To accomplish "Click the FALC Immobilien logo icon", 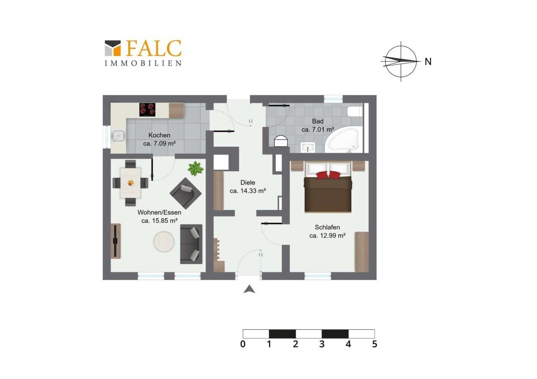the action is point(113,48).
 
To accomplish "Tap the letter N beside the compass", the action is point(428,62).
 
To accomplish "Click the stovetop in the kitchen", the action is point(147,109).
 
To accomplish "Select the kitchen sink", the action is point(119,136).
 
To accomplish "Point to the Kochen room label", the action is point(159,135).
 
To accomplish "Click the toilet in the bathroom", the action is point(355,111).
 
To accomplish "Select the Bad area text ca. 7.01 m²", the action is point(318,130).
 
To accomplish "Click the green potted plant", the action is point(196,168).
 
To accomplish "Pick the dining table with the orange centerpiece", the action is point(130,183).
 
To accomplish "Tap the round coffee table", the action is point(164,242).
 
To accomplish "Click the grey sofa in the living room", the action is point(191,244).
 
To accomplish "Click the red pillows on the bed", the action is point(328,175).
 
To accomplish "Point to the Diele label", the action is point(247,182).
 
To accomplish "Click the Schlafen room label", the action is point(327,227).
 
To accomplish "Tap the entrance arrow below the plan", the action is point(249,289).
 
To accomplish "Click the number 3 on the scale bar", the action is point(322,344).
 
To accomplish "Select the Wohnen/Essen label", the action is point(159,212).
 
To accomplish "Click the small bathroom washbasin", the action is point(307,147).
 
